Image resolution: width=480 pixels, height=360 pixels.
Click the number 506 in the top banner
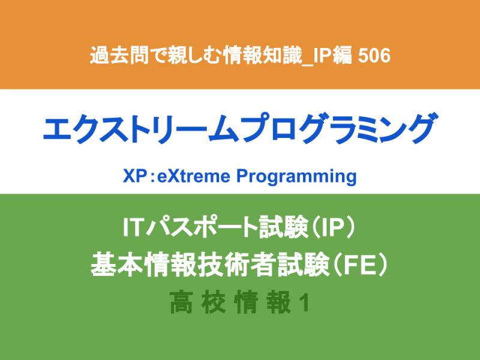[374, 56]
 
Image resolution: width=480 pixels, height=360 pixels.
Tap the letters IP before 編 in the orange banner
[322, 56]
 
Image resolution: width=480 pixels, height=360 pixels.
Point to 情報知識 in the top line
[263, 55]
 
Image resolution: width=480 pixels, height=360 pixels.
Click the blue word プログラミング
[339, 128]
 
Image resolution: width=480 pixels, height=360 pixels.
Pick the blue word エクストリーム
[142, 128]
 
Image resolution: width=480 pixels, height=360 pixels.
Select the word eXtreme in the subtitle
[194, 176]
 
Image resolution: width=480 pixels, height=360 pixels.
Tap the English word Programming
[296, 177]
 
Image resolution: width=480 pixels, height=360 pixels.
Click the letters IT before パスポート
[133, 227]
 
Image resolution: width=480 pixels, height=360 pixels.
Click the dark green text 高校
[198, 302]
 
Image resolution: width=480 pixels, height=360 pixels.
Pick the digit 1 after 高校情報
[304, 303]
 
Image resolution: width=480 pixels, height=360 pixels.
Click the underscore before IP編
[307, 64]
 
